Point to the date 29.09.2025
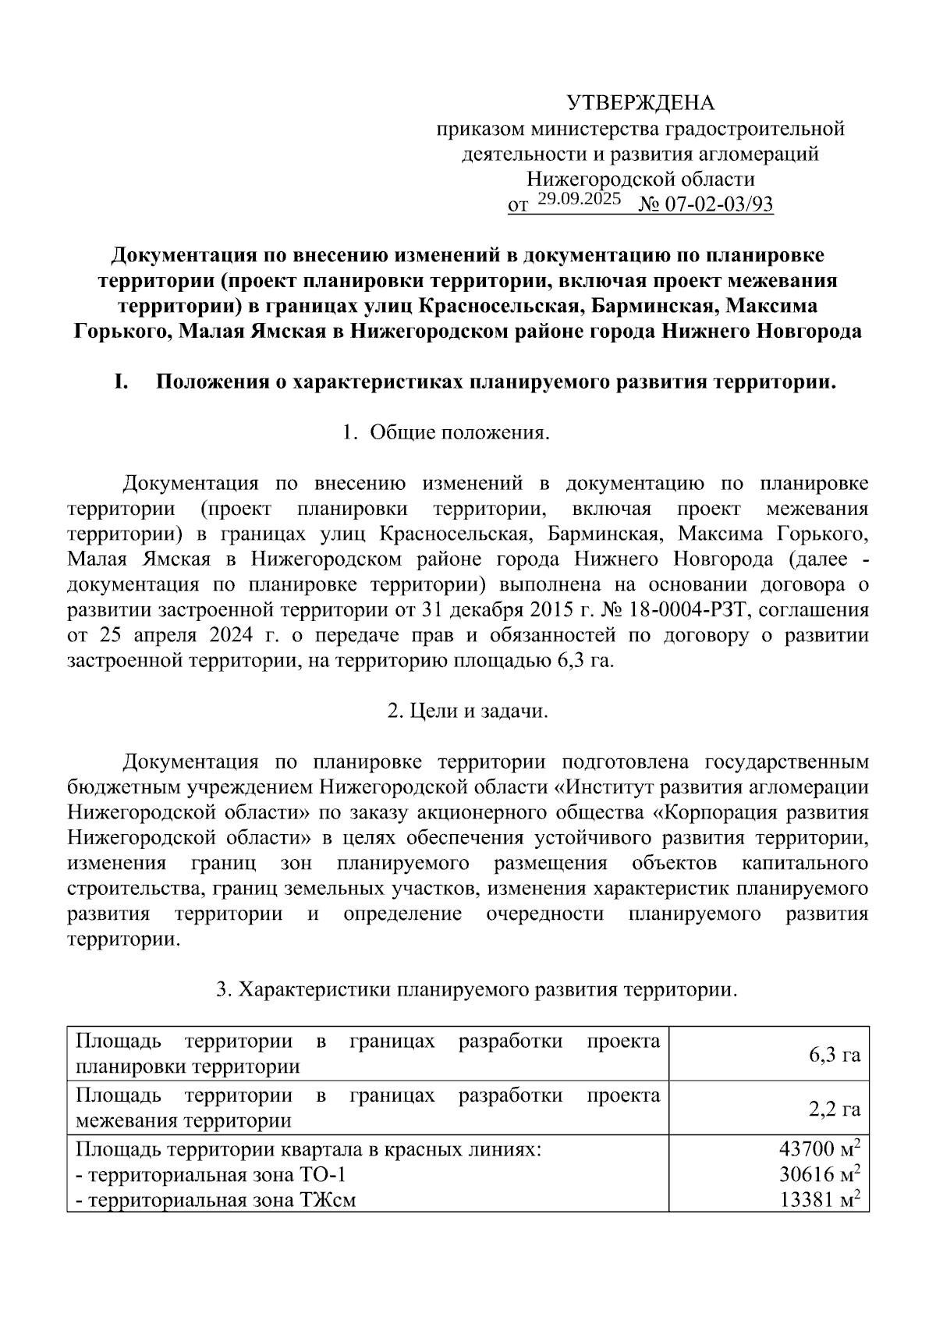pyautogui.click(x=579, y=199)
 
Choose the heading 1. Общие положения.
pyautogui.click(x=446, y=433)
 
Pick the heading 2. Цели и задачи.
pyautogui.click(x=468, y=712)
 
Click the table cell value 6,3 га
pyautogui.click(x=834, y=1056)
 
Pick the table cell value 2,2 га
pyautogui.click(x=834, y=1109)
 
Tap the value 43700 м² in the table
pyautogui.click(x=819, y=1149)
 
